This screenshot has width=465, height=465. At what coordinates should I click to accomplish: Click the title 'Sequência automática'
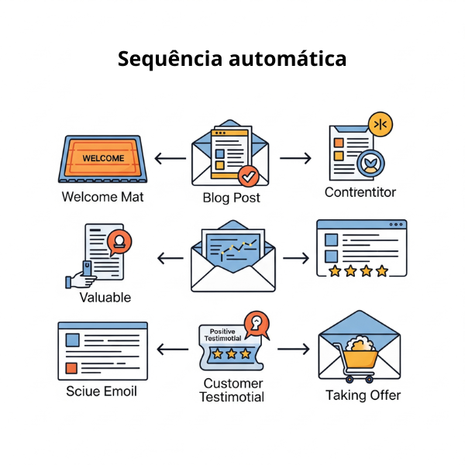[x=232, y=59]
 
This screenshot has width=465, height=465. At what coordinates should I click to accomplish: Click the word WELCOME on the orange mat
[x=103, y=158]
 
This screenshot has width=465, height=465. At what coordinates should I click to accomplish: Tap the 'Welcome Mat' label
[x=102, y=197]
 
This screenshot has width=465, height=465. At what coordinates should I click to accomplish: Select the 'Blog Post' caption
[x=231, y=198]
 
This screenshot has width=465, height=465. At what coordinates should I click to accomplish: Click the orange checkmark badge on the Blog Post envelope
[x=249, y=176]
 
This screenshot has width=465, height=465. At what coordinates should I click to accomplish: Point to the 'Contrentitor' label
[x=360, y=192]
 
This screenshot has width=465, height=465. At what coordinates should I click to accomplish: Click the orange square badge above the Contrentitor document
[x=381, y=123]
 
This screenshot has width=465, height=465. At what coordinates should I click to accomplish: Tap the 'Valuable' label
[x=105, y=297]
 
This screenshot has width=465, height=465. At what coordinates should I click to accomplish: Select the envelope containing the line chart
[x=232, y=257]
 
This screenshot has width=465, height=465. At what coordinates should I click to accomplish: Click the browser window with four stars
[x=360, y=248]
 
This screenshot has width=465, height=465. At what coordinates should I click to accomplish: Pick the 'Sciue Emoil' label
[x=102, y=391]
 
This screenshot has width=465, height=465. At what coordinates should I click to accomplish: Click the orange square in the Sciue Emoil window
[x=71, y=367]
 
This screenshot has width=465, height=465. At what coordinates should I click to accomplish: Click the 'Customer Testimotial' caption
[x=231, y=391]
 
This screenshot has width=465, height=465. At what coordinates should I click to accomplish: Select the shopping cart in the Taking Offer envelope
[x=359, y=360]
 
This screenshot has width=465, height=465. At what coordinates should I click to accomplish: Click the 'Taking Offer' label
[x=363, y=395]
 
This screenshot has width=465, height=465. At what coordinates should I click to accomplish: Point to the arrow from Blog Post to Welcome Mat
[x=169, y=159]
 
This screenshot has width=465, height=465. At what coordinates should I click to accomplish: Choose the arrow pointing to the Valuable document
[x=170, y=258]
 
